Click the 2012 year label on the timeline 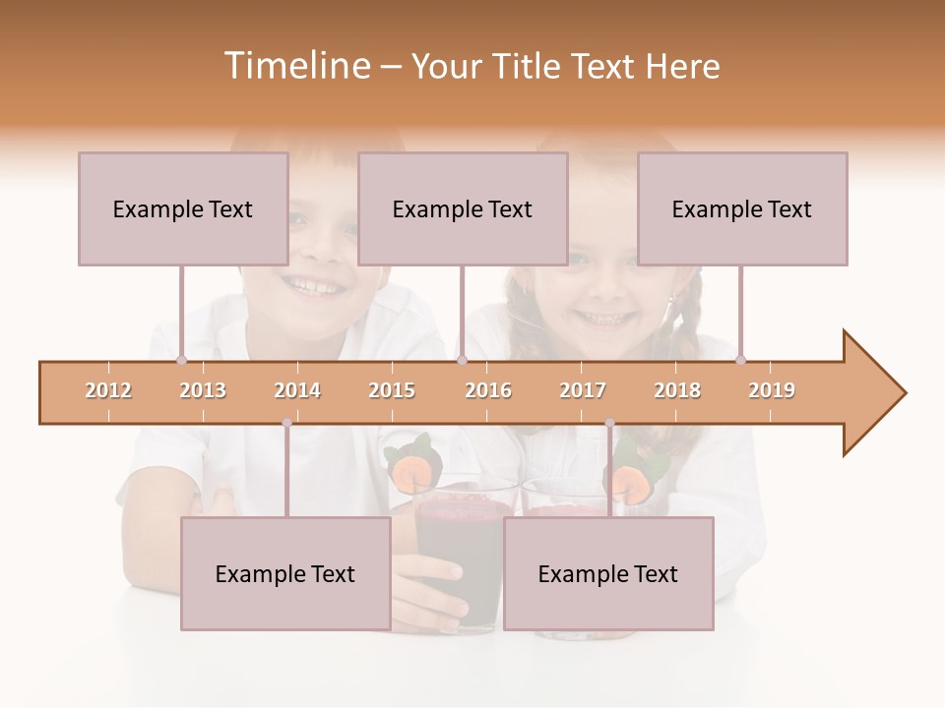point(108,390)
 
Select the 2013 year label point(203,390)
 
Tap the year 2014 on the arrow point(297,390)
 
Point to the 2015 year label point(392,390)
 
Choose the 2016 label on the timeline point(488,390)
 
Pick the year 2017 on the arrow point(583,390)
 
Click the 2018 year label point(677,390)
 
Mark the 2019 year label point(772,390)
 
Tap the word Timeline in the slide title point(295,66)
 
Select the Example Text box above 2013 point(183,208)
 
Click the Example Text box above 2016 point(463,208)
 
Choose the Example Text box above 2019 point(742,208)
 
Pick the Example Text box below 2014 point(285,573)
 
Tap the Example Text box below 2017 point(608,573)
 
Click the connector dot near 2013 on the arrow point(182,361)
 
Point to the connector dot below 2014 point(286,423)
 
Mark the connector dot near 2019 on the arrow point(741,361)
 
